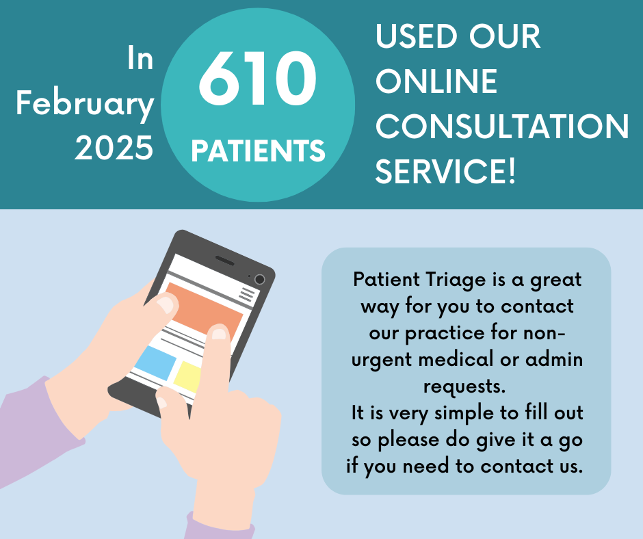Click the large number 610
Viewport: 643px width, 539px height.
(x=257, y=78)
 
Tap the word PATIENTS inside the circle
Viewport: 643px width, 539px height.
(x=258, y=150)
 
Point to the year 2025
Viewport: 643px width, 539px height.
(x=114, y=148)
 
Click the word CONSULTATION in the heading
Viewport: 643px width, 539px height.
(x=502, y=126)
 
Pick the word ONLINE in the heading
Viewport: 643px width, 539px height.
(x=436, y=81)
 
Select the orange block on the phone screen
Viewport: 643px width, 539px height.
(x=204, y=313)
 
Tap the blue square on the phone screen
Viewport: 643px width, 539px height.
(x=155, y=363)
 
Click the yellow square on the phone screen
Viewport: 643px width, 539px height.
(x=187, y=378)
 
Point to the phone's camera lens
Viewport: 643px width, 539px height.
(x=259, y=280)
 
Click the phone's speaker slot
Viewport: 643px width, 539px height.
(x=225, y=261)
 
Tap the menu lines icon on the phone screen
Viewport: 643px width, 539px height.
(x=247, y=294)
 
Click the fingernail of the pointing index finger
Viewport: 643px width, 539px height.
(x=219, y=334)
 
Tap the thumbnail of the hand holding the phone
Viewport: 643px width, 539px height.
(x=166, y=305)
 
